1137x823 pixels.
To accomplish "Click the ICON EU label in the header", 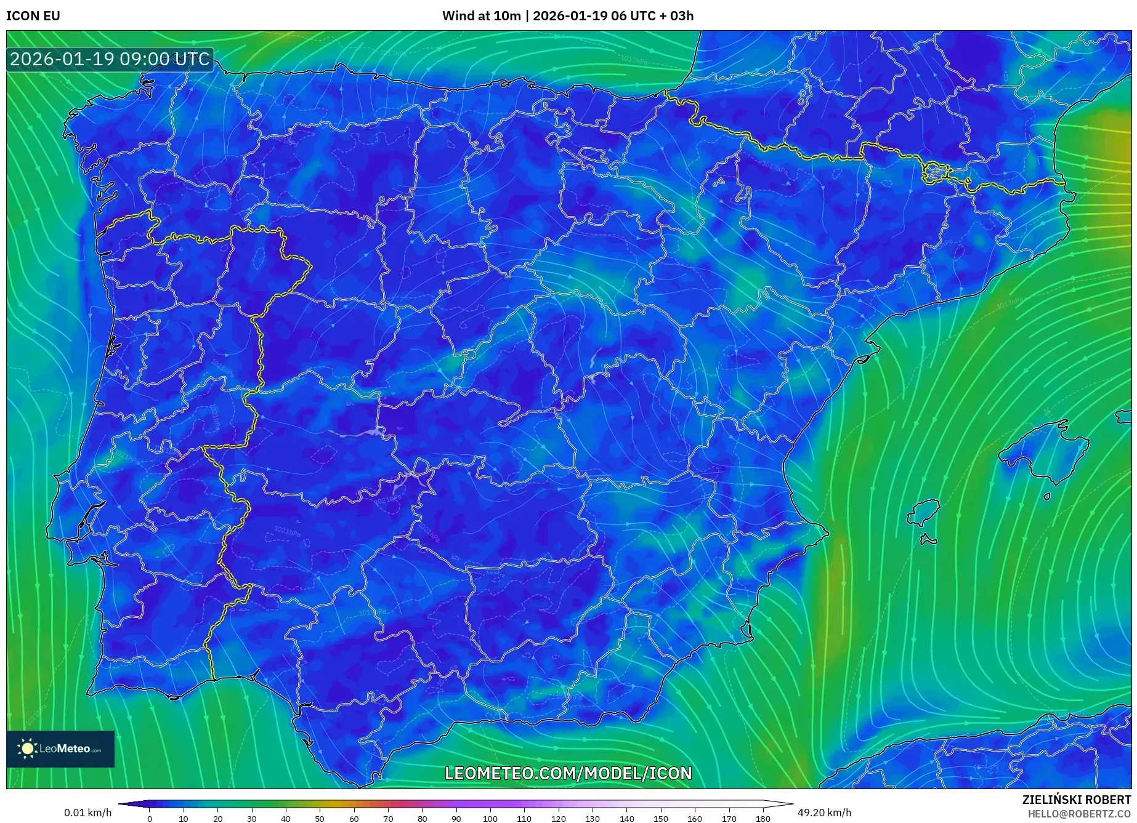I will click(x=33, y=16).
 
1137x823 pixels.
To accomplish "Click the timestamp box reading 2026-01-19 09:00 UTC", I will click(x=110, y=59).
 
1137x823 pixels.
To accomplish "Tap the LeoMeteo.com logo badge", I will click(x=60, y=749).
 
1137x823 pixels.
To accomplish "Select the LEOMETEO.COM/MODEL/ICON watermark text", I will click(x=568, y=773).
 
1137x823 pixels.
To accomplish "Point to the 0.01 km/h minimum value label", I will click(x=88, y=813).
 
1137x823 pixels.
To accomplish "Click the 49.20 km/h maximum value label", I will click(x=824, y=813).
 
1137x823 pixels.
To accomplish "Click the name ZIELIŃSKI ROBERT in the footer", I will click(x=1077, y=800).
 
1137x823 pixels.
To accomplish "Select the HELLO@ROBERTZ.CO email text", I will click(x=1079, y=814).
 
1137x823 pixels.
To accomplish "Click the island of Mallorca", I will click(x=1044, y=452).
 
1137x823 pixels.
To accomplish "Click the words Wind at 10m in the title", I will click(x=481, y=16).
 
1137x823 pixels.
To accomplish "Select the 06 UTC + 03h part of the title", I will click(x=652, y=16).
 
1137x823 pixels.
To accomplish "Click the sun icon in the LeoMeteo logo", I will click(x=27, y=749).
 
